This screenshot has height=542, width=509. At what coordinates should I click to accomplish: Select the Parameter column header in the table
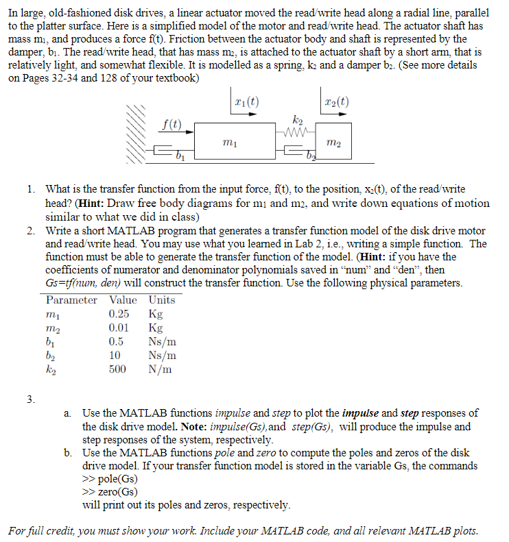point(71,299)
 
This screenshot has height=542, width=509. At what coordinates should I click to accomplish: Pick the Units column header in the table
point(162,299)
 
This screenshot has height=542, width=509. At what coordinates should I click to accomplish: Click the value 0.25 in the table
point(119,314)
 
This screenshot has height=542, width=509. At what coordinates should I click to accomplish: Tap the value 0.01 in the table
point(119,328)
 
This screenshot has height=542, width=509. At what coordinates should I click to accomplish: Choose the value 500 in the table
point(117,369)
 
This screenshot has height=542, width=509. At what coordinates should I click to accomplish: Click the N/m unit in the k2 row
point(162,369)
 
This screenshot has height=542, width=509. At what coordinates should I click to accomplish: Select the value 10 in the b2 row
point(115,356)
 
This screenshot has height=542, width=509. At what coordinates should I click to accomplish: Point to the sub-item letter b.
point(69,453)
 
